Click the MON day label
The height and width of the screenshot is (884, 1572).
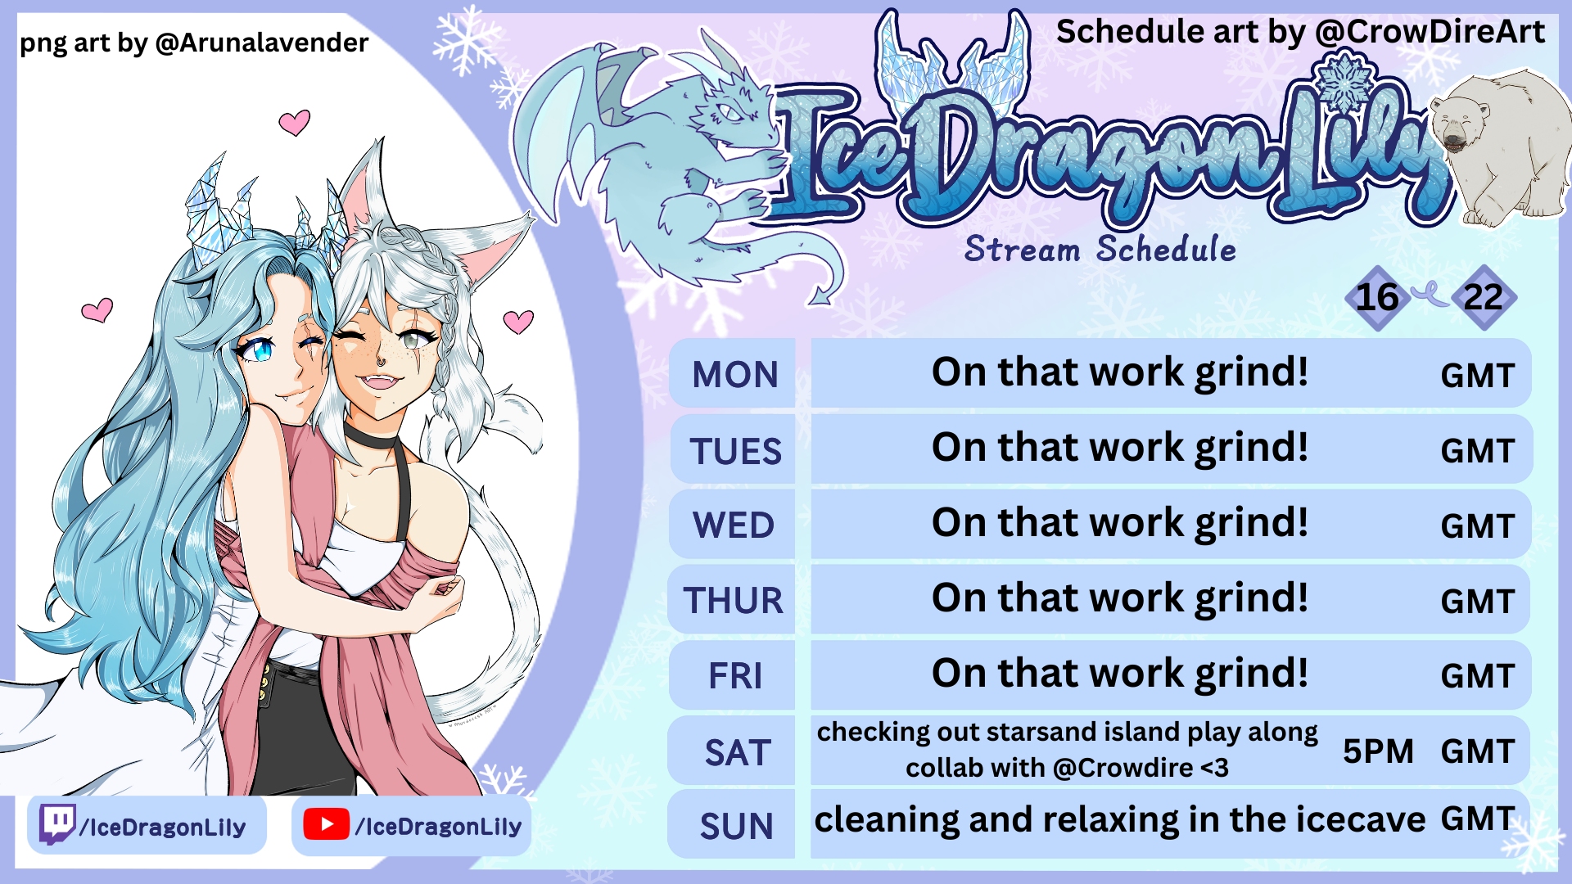click(x=734, y=375)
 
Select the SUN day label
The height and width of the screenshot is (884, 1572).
click(x=736, y=827)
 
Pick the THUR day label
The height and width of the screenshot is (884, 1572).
click(x=734, y=601)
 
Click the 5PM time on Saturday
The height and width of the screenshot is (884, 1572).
click(x=1378, y=751)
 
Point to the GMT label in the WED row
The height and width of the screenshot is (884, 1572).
click(x=1478, y=526)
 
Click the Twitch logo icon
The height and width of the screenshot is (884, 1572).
click(x=57, y=824)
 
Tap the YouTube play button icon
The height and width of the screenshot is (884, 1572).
click(x=326, y=825)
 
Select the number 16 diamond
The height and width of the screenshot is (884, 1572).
click(x=1377, y=298)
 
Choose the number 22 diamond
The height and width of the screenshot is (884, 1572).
click(x=1484, y=298)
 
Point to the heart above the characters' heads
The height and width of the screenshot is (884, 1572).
click(x=295, y=123)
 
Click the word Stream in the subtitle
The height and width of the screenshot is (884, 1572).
click(x=1022, y=249)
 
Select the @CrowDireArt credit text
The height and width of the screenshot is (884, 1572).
click(x=1430, y=32)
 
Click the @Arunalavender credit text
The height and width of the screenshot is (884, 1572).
click(x=262, y=43)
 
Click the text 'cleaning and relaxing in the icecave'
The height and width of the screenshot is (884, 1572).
click(x=1120, y=820)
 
